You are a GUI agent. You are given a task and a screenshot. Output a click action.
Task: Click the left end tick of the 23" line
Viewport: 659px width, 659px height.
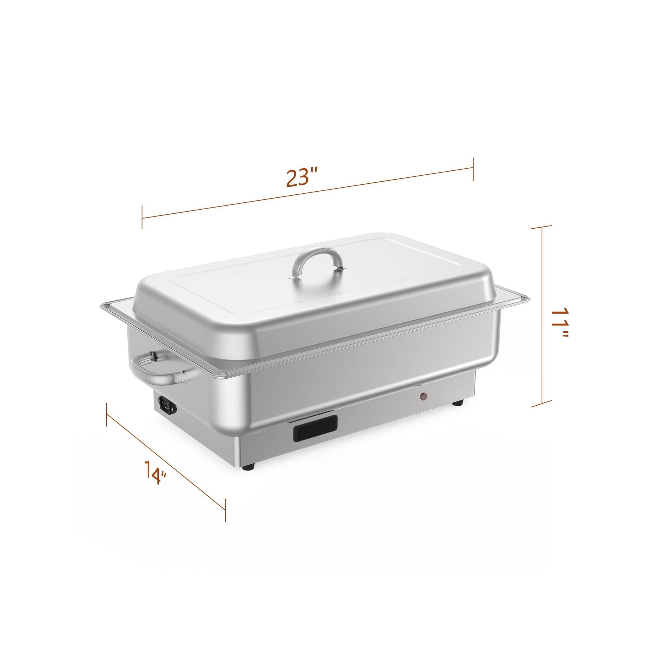pos(142,217)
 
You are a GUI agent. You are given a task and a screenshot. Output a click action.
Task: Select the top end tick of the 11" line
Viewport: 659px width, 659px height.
pos(542,226)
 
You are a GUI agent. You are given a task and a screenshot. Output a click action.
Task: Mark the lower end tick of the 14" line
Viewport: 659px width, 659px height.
pos(225,519)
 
